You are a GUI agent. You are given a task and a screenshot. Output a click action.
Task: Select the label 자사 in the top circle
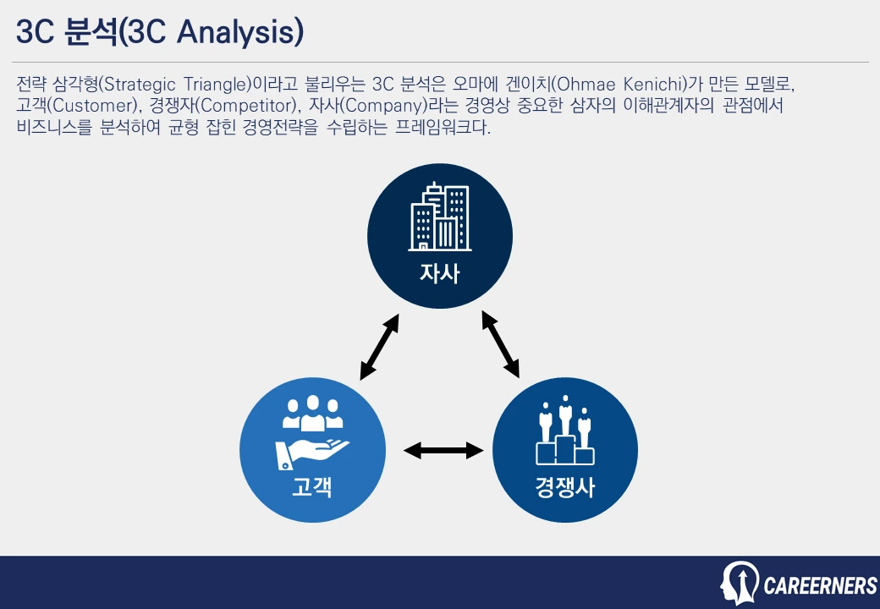tap(439, 274)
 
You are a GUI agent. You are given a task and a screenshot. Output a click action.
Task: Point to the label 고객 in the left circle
tap(312, 487)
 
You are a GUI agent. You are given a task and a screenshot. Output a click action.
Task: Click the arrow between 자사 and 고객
tap(379, 347)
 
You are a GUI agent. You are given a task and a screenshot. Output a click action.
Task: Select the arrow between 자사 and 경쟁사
tap(500, 343)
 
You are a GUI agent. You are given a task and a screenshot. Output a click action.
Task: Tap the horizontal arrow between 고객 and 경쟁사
tap(443, 451)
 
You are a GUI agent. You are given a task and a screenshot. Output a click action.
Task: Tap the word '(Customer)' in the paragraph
tap(88, 107)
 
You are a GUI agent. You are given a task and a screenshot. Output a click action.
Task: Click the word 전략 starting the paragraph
tap(30, 85)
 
